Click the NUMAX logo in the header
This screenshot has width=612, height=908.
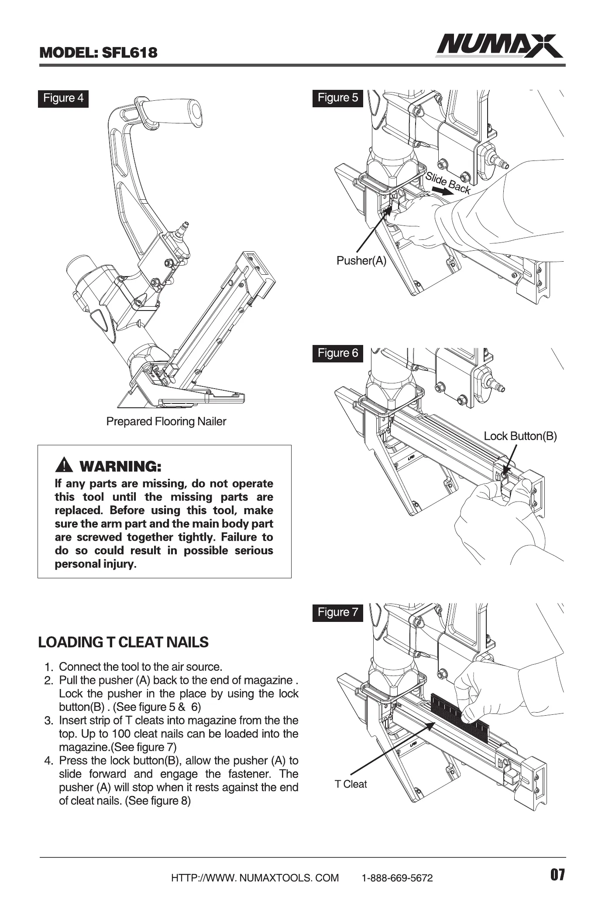[x=499, y=46]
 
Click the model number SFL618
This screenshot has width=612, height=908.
[x=129, y=53]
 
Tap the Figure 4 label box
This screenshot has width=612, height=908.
[x=63, y=98]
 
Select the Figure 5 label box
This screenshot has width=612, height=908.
[x=338, y=98]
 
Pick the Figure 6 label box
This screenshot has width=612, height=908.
[x=338, y=353]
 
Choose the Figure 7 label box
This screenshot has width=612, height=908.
[x=338, y=612]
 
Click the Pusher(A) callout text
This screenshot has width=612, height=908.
[x=361, y=261]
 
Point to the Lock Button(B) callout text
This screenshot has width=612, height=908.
[x=520, y=436]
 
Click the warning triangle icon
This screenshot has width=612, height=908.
[x=65, y=466]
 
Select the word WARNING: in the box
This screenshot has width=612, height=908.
[x=121, y=467]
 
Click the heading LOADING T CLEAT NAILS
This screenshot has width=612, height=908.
[x=124, y=642]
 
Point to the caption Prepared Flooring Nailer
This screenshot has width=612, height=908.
[x=166, y=422]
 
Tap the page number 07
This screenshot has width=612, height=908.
[x=557, y=875]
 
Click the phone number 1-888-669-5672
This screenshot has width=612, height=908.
[x=397, y=878]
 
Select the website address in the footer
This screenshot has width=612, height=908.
[x=255, y=878]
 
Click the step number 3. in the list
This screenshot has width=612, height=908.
[x=48, y=721]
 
